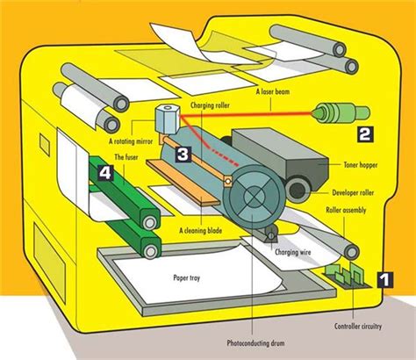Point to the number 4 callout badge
click(x=105, y=173)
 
